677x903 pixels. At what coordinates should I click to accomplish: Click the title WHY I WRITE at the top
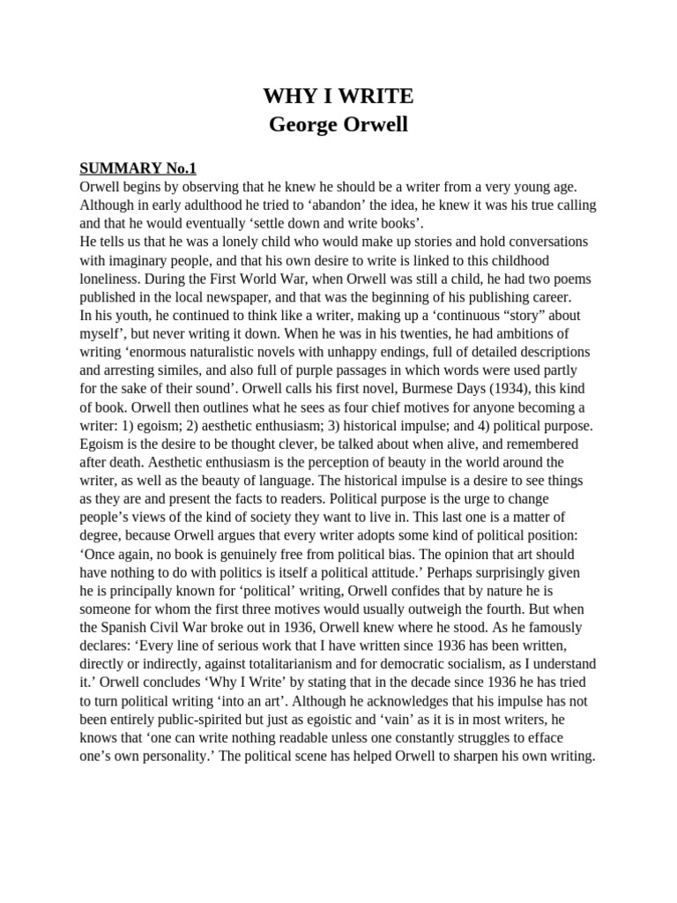(338, 96)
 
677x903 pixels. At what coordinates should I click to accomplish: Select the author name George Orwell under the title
(338, 124)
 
